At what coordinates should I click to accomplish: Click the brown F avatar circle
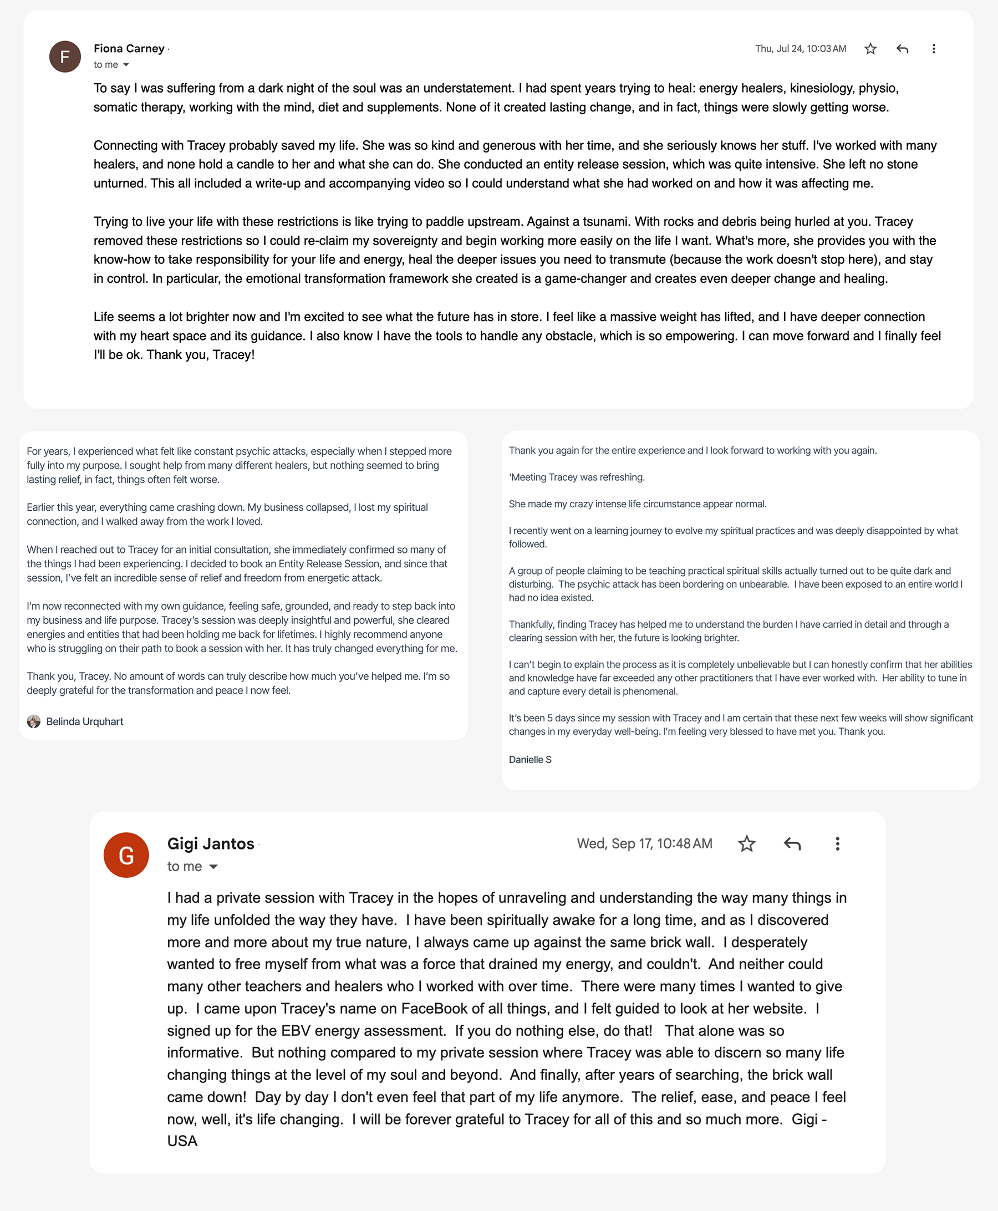[x=65, y=57]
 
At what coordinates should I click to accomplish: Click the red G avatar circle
[x=126, y=854]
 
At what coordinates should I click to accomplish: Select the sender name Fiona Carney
[x=129, y=48]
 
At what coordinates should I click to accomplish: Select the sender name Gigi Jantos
[x=210, y=843]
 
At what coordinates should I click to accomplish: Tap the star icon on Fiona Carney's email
[x=870, y=49]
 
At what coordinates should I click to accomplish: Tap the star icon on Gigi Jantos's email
[x=746, y=843]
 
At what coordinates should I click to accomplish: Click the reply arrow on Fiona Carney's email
[x=902, y=49]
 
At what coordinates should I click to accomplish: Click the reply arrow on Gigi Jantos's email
[x=792, y=843]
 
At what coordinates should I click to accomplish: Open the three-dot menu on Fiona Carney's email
[x=933, y=49]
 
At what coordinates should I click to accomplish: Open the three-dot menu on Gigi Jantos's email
[x=837, y=843]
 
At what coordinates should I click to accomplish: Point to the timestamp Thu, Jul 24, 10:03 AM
[x=800, y=49]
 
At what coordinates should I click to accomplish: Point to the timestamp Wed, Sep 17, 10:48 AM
[x=644, y=843]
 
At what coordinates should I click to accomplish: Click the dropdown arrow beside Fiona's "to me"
[x=126, y=64]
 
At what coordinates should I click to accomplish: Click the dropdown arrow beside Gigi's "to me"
[x=213, y=867]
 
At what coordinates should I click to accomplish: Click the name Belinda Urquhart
[x=84, y=721]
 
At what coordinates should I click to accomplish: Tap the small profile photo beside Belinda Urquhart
[x=34, y=721]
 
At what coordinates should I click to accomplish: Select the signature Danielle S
[x=529, y=759]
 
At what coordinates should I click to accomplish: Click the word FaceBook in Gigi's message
[x=434, y=1009]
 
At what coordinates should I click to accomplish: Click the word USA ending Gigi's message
[x=182, y=1141]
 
